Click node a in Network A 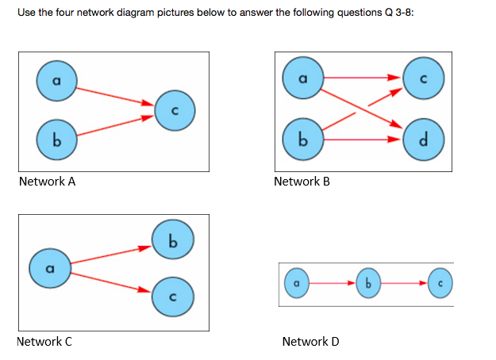click(56, 80)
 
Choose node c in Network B click(424, 79)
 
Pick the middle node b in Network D click(367, 282)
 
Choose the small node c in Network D click(439, 282)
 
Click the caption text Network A click(47, 182)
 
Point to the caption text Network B click(301, 182)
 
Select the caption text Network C click(44, 342)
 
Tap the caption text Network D click(310, 342)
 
